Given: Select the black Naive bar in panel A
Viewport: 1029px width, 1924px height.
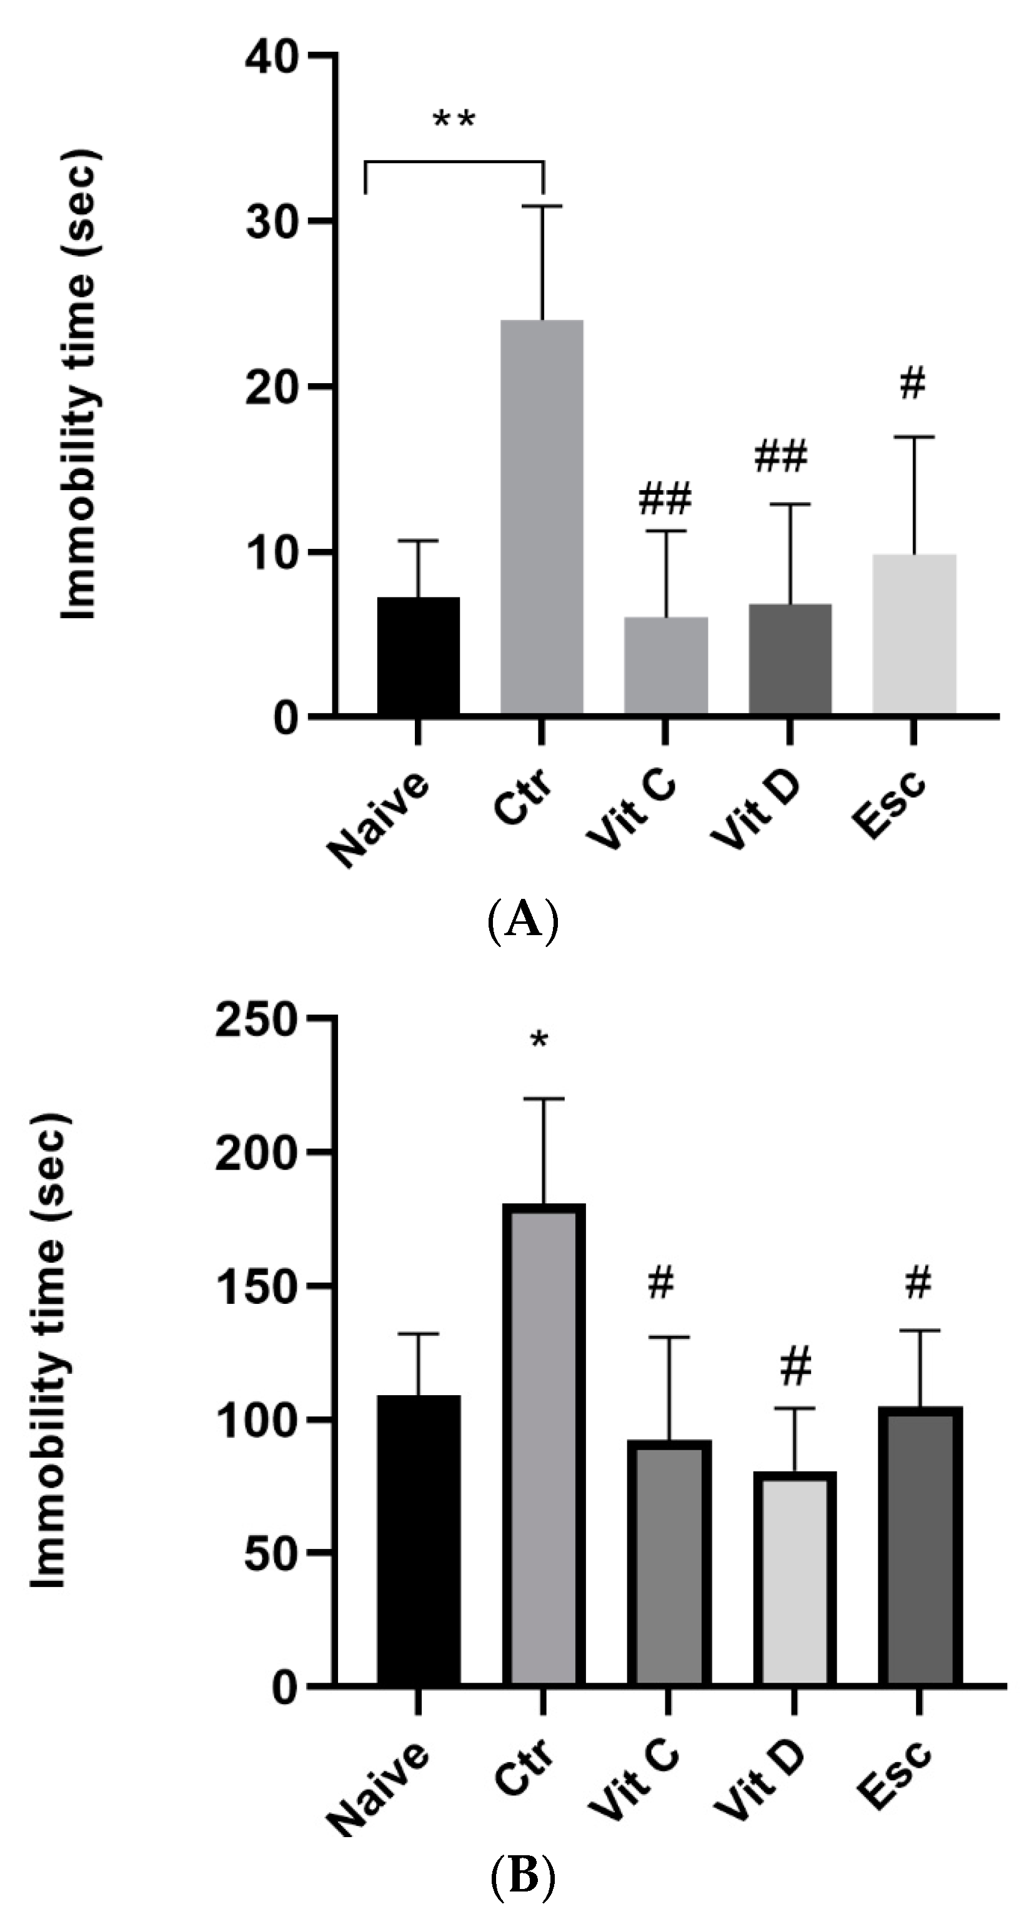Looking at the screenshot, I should (418, 655).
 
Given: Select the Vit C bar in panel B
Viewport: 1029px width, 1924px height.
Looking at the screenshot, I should (669, 1561).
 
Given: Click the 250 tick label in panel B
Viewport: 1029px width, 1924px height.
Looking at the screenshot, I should (256, 1018).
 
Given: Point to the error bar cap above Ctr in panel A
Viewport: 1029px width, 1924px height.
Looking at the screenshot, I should (542, 206).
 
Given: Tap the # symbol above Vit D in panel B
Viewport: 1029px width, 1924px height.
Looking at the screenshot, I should (795, 1367).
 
